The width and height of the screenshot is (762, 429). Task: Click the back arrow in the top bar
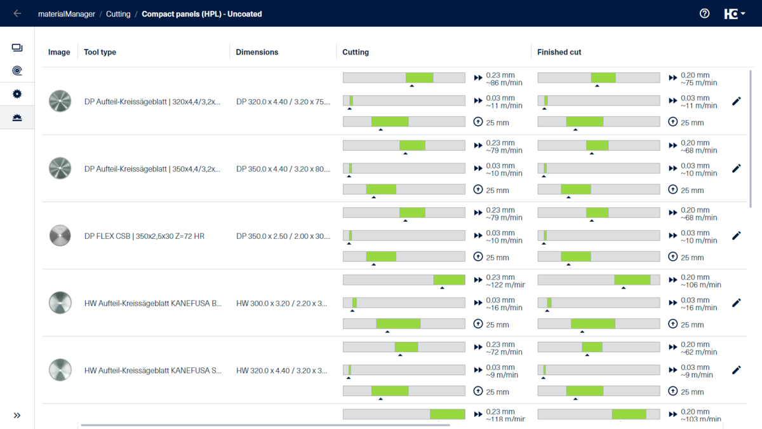[x=17, y=13]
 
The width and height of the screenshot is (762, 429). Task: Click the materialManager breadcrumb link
[x=67, y=14]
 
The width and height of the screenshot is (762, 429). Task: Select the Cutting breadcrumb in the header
[x=118, y=14]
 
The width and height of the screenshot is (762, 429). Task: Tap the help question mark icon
[x=704, y=13]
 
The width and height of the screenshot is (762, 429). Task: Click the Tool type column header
[x=100, y=52]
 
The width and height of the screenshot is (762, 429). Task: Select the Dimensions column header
[x=257, y=52]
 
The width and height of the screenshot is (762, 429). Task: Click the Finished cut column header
[x=559, y=52]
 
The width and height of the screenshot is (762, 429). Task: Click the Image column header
[x=59, y=52]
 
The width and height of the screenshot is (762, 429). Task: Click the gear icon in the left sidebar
[x=17, y=94]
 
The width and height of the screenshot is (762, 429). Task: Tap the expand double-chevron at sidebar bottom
[x=17, y=415]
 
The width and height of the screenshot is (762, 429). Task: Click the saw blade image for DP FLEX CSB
[x=60, y=236]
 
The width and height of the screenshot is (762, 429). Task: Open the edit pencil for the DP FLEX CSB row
[x=736, y=236]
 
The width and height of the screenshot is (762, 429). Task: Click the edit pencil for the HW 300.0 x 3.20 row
[x=736, y=303]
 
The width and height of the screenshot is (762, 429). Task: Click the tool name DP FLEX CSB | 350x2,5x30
[x=144, y=236]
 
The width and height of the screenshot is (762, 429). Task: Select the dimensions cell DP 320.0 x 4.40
[x=283, y=102]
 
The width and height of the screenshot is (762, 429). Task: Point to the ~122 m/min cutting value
[x=505, y=285]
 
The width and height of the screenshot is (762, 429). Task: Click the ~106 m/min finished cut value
[x=700, y=285]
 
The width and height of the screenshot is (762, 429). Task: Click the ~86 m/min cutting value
[x=504, y=83]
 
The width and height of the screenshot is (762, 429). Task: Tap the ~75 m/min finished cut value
[x=698, y=83]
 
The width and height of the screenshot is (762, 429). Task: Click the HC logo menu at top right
[x=735, y=14]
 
